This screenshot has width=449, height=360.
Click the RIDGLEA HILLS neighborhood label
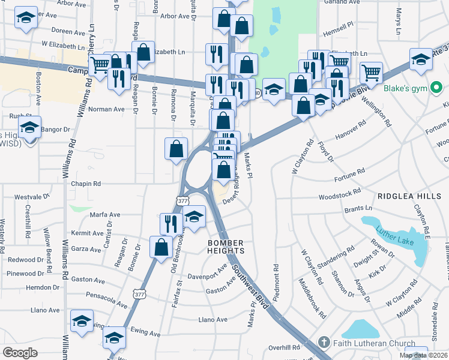point(410,196)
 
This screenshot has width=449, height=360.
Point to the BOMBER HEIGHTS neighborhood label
point(227,246)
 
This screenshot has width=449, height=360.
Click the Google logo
point(20,353)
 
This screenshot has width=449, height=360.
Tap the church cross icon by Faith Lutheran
point(324,343)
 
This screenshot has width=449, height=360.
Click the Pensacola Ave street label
point(107,298)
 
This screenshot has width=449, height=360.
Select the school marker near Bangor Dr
point(29,127)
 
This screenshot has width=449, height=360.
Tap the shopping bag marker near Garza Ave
point(161,247)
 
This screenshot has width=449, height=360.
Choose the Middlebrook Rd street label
point(315,301)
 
